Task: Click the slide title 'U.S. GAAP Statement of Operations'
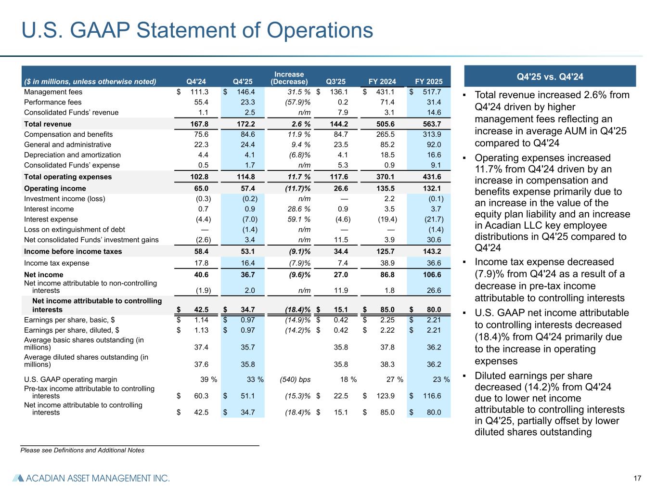197,30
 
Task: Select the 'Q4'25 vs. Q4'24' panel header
550,77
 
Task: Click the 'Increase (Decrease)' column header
289,78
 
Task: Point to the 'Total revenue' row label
48,124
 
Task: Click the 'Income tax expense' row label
56,263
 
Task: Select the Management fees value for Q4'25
245,92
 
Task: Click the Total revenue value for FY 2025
431,124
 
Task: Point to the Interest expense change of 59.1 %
296,220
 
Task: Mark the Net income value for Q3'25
341,275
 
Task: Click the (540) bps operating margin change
295,379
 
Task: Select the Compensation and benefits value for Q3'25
341,134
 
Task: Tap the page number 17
638,478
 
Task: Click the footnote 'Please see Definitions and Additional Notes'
82,450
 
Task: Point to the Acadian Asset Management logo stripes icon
17,478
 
